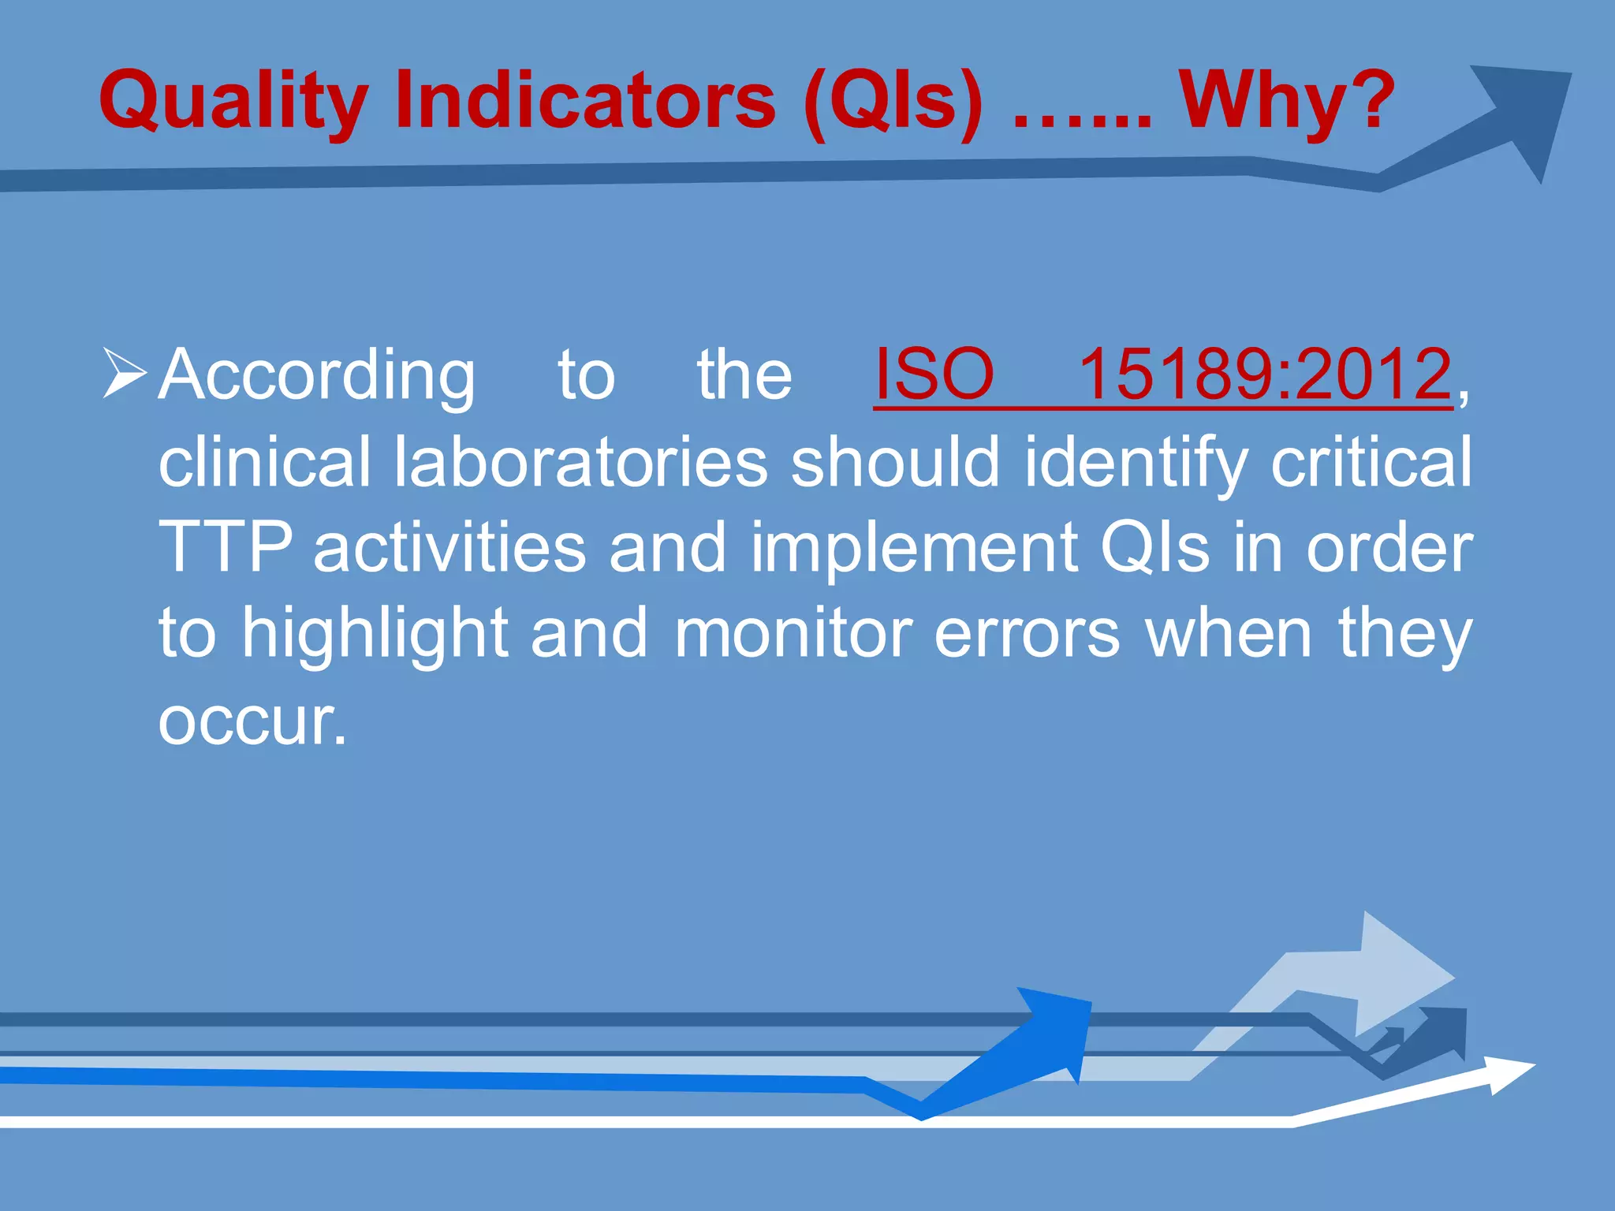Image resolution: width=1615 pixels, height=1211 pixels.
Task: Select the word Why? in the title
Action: (x=1286, y=101)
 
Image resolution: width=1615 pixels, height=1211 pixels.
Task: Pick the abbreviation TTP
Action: (x=225, y=547)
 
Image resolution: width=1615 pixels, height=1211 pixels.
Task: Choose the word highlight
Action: (x=375, y=635)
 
